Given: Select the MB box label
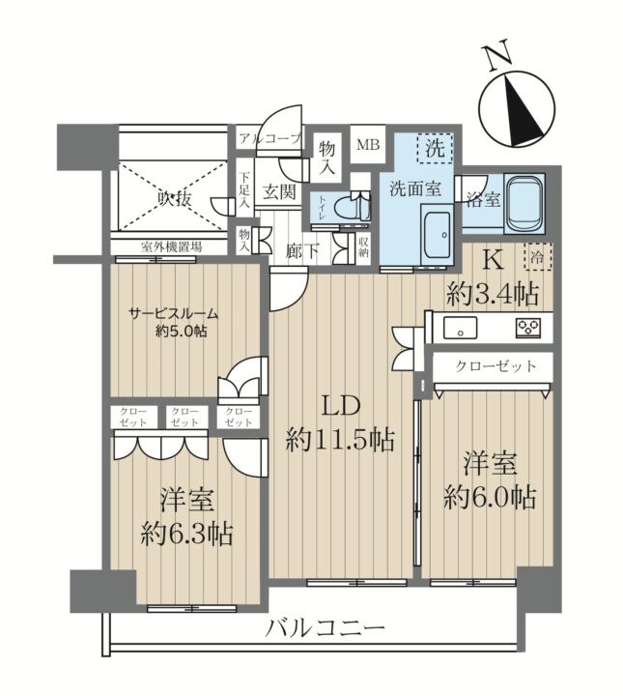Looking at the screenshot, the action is pos(368,144).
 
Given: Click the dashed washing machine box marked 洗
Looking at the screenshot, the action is pos(435,148).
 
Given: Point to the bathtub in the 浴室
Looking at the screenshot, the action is pos(524,204).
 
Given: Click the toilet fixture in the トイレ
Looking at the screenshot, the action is pos(352,207).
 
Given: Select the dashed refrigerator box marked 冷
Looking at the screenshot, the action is pos(538,256).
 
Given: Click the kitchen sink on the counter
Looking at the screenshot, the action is pos(461,328).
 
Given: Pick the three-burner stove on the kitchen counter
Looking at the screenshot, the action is pos(528,328).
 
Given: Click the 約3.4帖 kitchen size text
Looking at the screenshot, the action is pos(493,293).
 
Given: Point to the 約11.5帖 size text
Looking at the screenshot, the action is pos(340,440).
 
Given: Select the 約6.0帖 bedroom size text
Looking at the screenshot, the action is pos(490,497).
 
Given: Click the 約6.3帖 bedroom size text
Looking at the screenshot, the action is pos(186,534).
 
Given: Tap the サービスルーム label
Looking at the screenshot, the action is pos(174,314).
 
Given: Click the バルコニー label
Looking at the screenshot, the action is pos(326,627).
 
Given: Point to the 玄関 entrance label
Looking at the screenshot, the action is pos(279,192).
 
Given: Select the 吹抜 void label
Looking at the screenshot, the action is pos(175,199).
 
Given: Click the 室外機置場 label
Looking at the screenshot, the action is pos(172,246).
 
